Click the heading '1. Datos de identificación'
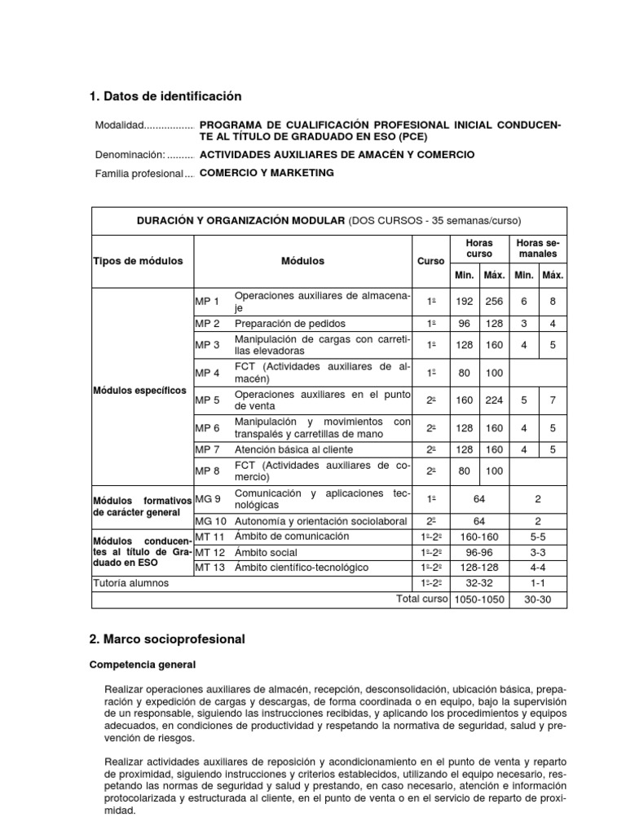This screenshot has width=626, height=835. tap(165, 96)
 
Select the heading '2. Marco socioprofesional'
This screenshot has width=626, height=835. tap(167, 638)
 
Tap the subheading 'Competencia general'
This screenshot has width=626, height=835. tap(143, 665)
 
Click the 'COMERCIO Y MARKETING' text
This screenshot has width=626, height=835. tap(267, 173)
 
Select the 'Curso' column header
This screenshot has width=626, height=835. tap(430, 261)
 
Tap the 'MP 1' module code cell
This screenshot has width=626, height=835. tap(208, 302)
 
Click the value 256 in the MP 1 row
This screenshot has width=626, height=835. tap(494, 302)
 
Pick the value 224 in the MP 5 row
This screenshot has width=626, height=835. tap(494, 400)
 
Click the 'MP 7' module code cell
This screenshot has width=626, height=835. tap(208, 449)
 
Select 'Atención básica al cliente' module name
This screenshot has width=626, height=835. tap(293, 449)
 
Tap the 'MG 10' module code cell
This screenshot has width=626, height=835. tap(210, 520)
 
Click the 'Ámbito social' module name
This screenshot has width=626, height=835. tap(266, 551)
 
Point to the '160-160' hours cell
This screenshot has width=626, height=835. tap(479, 537)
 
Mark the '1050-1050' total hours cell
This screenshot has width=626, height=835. tap(479, 599)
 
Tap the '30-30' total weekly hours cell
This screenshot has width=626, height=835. tap(537, 599)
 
